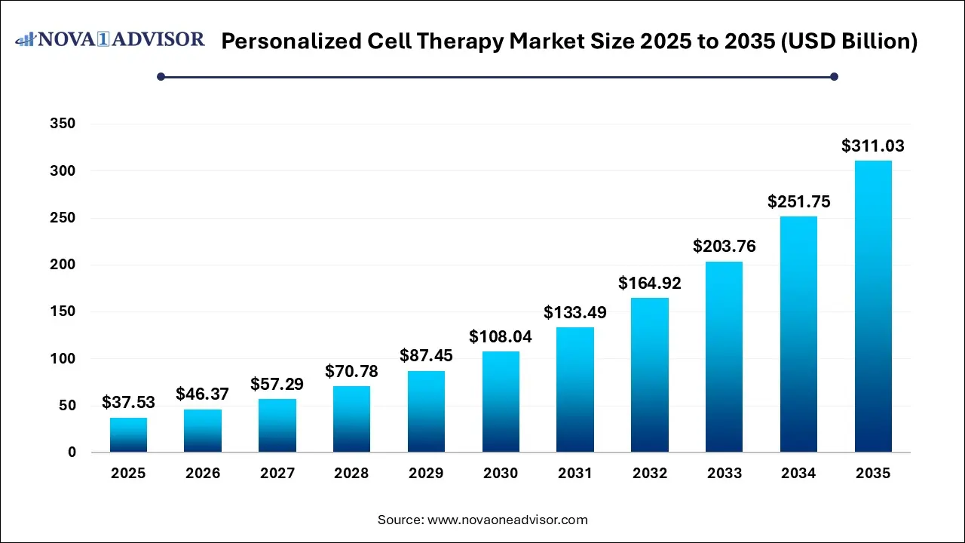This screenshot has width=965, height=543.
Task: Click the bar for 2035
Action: click(873, 306)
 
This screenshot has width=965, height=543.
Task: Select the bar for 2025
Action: click(128, 435)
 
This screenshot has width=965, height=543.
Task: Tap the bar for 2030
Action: click(501, 402)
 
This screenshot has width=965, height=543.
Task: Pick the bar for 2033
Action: click(724, 357)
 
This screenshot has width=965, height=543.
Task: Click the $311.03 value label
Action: click(873, 146)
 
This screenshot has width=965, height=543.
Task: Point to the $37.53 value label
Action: click(128, 403)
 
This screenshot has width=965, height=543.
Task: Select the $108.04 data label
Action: click(501, 337)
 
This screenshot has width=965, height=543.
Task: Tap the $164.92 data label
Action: click(650, 284)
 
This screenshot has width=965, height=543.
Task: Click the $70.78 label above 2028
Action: click(351, 372)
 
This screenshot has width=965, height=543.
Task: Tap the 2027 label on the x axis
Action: click(277, 474)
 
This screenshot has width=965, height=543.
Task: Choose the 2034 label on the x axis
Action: click(798, 474)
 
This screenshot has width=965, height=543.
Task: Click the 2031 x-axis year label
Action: click(575, 474)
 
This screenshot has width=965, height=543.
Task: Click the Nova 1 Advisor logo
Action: click(110, 39)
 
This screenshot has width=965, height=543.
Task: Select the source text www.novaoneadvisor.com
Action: click(507, 520)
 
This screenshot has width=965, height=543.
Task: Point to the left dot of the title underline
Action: click(161, 76)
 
